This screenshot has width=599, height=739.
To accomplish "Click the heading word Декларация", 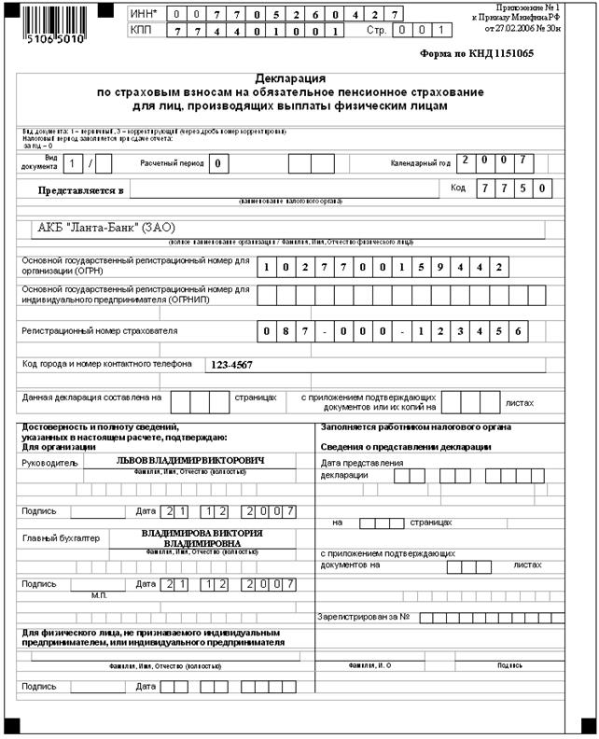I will [290, 80].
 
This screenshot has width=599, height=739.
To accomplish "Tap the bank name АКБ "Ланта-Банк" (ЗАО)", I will [105, 228].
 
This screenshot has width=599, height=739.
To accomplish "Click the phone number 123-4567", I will [232, 365].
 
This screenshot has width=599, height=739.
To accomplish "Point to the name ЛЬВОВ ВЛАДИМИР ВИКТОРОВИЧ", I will [190, 461].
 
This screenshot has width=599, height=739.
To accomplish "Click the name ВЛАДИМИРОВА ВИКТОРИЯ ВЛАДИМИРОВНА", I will [202, 537].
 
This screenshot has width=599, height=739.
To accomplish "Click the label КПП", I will [143, 32].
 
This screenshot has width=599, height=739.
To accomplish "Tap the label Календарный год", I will [420, 163].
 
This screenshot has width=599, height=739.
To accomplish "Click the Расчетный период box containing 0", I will [218, 164].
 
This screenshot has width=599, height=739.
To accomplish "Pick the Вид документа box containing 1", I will [75, 164].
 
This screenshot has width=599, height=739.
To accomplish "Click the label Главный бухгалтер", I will [58, 537].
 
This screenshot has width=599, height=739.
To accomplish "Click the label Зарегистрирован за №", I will [366, 617].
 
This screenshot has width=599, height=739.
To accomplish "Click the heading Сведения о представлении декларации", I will [405, 447].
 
